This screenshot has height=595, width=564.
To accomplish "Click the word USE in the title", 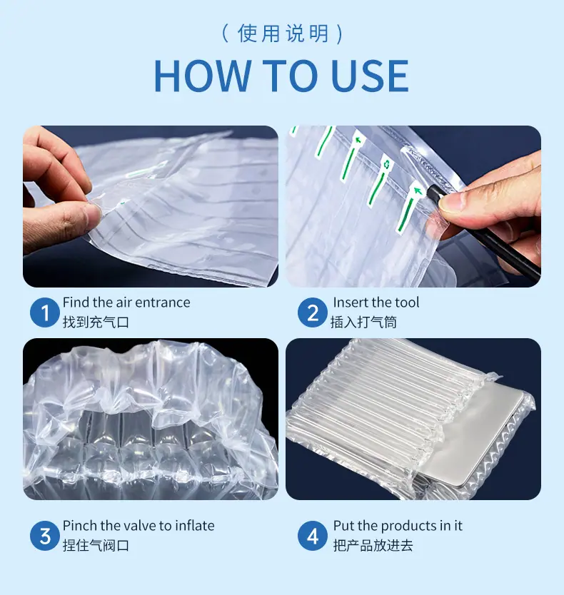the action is (x=370, y=75).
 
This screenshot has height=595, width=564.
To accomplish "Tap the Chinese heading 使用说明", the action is (x=283, y=34).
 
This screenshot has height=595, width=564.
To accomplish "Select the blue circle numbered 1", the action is (x=45, y=312).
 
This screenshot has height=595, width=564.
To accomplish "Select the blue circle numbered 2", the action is (x=313, y=312).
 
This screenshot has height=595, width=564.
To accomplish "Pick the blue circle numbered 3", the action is (x=45, y=535).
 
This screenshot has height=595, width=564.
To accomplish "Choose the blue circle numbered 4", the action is (x=313, y=535).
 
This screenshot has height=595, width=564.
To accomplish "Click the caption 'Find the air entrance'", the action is (x=126, y=302).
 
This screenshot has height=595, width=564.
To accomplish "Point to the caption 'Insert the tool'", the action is (x=376, y=302).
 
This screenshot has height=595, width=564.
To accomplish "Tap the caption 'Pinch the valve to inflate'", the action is (x=139, y=526).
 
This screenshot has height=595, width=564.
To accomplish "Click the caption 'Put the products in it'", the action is (x=398, y=526).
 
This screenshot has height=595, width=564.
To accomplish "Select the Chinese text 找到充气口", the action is (x=96, y=322).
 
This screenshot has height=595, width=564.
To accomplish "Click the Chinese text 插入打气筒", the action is (x=363, y=322).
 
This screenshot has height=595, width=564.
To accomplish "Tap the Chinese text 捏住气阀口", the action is (x=96, y=545).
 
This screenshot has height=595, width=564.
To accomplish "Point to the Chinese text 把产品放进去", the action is (x=373, y=545).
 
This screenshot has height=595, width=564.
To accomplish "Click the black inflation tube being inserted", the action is (x=483, y=231).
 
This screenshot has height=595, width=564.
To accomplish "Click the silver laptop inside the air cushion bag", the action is (x=477, y=432).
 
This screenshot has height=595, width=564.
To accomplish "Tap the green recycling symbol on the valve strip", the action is (x=387, y=165).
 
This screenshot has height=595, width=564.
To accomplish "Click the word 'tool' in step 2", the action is (x=407, y=302).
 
